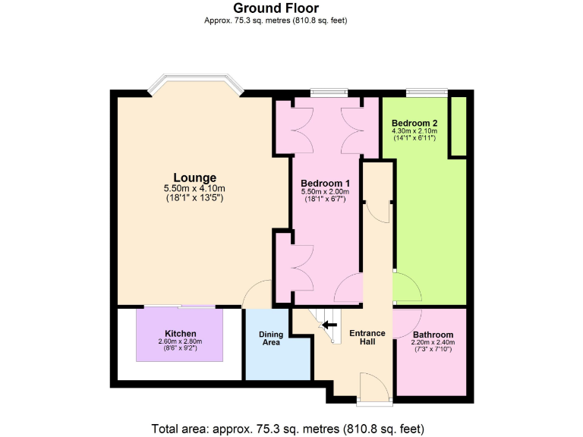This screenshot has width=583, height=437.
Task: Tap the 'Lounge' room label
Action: [x=194, y=178]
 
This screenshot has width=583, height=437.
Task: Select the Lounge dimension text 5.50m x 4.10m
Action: [x=194, y=189]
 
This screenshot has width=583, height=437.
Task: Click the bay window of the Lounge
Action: [x=195, y=83]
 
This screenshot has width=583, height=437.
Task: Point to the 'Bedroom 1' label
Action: [x=325, y=184]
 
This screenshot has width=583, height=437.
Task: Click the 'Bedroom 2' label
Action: [x=414, y=122]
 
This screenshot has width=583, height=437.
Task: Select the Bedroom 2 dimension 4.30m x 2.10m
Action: [x=414, y=130]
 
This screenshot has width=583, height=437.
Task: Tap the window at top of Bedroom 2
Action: [x=421, y=93]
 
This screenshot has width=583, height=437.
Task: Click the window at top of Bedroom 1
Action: [x=328, y=93]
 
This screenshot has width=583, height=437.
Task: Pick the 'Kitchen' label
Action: [x=181, y=334]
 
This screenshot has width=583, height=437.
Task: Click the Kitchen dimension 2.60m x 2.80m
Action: [x=181, y=341]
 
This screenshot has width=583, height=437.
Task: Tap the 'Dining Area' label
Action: [x=271, y=338]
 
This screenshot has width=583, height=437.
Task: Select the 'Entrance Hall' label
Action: [x=367, y=337]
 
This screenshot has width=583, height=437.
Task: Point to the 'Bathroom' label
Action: [x=433, y=335]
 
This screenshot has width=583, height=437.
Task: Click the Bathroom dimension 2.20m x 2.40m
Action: [x=433, y=342]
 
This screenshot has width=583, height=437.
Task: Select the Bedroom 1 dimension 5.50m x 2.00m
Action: [x=325, y=193]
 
